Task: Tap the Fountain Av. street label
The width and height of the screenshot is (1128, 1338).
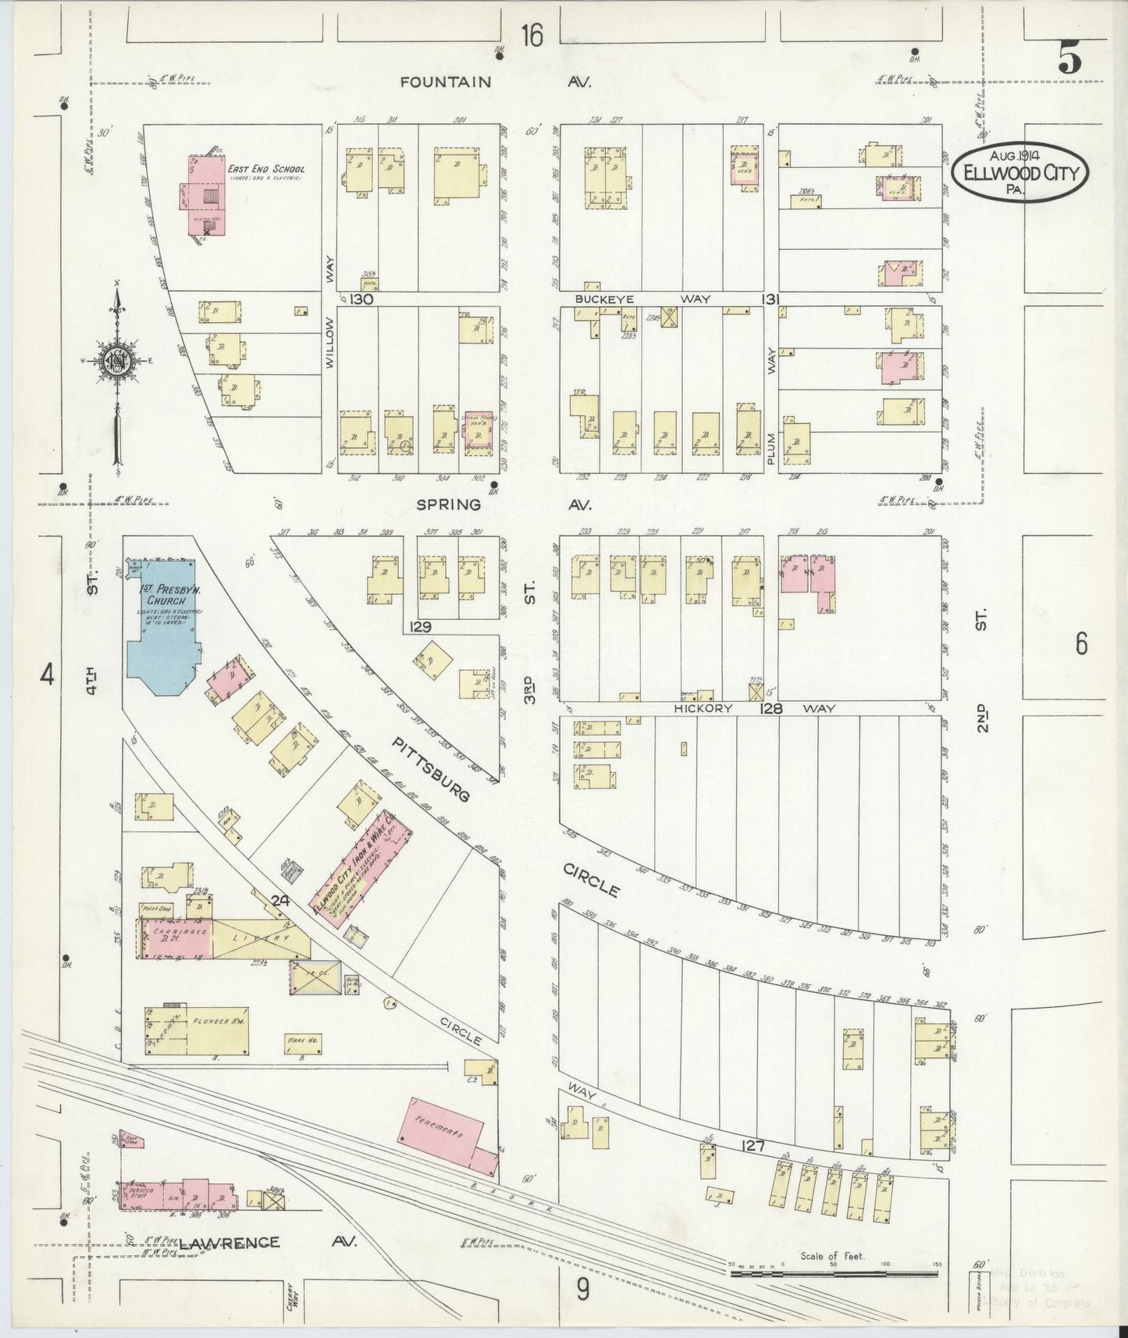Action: (x=496, y=82)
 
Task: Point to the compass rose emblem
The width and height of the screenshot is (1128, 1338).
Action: (x=117, y=360)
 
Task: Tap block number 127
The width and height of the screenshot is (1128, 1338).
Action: (x=754, y=1146)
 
